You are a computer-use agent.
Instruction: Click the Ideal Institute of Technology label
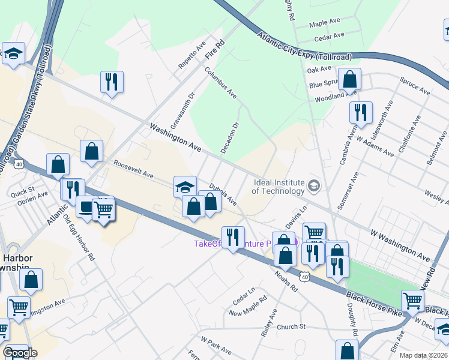pos(278,187)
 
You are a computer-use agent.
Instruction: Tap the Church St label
pos(292,327)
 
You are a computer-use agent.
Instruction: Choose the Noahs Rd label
pos(286,280)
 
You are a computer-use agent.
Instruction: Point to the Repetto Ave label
pos(192,54)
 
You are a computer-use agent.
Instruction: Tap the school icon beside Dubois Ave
pos(185,185)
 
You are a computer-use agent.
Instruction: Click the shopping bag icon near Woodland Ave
pos(349,78)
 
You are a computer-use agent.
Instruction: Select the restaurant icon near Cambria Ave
pos(361,112)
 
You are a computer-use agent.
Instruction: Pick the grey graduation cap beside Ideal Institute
pos(313,187)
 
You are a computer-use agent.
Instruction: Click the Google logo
pos(20,353)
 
